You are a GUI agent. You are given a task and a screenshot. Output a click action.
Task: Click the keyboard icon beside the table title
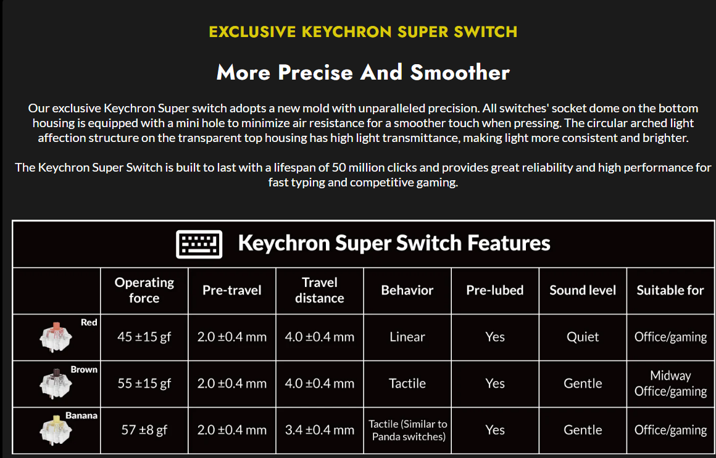point(199,244)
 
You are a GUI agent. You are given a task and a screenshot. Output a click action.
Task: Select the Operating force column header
point(144,290)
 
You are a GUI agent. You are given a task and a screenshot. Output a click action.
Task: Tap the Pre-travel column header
point(232,290)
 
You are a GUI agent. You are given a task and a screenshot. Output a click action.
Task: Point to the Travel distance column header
point(320,290)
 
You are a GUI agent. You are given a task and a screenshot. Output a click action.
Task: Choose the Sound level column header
point(583,290)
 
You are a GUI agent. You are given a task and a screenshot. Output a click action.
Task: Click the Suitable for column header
point(670,290)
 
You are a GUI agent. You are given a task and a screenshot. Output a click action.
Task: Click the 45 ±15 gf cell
point(144,337)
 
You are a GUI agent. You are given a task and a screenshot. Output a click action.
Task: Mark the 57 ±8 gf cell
point(144,430)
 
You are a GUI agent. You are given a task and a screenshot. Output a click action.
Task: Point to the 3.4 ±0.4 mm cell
point(320,430)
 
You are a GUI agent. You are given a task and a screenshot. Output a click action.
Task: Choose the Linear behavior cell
point(407,337)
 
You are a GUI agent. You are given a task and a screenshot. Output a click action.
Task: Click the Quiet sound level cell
point(583,337)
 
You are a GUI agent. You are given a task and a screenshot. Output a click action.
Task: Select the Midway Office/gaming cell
point(670,383)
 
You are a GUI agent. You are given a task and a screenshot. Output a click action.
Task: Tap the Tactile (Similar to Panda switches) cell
point(407,430)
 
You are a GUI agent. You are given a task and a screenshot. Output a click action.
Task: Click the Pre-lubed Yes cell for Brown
point(495,383)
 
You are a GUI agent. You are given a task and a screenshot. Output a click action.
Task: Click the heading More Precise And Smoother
point(363,73)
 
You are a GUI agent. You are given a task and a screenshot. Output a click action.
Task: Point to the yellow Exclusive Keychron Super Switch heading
point(363,31)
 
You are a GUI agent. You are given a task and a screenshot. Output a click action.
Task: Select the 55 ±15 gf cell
point(144,383)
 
